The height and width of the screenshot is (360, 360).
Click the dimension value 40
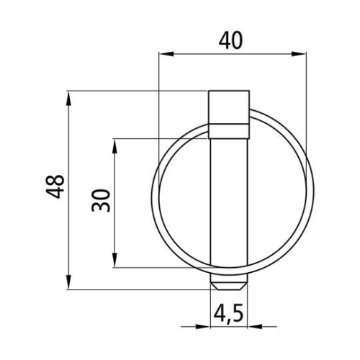point(230,39)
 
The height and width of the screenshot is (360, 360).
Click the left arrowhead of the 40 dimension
point(162,53)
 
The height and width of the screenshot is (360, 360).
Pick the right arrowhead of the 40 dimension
point(302,53)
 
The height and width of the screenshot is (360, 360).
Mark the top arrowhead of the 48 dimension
point(69,95)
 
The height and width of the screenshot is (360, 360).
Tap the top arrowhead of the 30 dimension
point(115,142)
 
